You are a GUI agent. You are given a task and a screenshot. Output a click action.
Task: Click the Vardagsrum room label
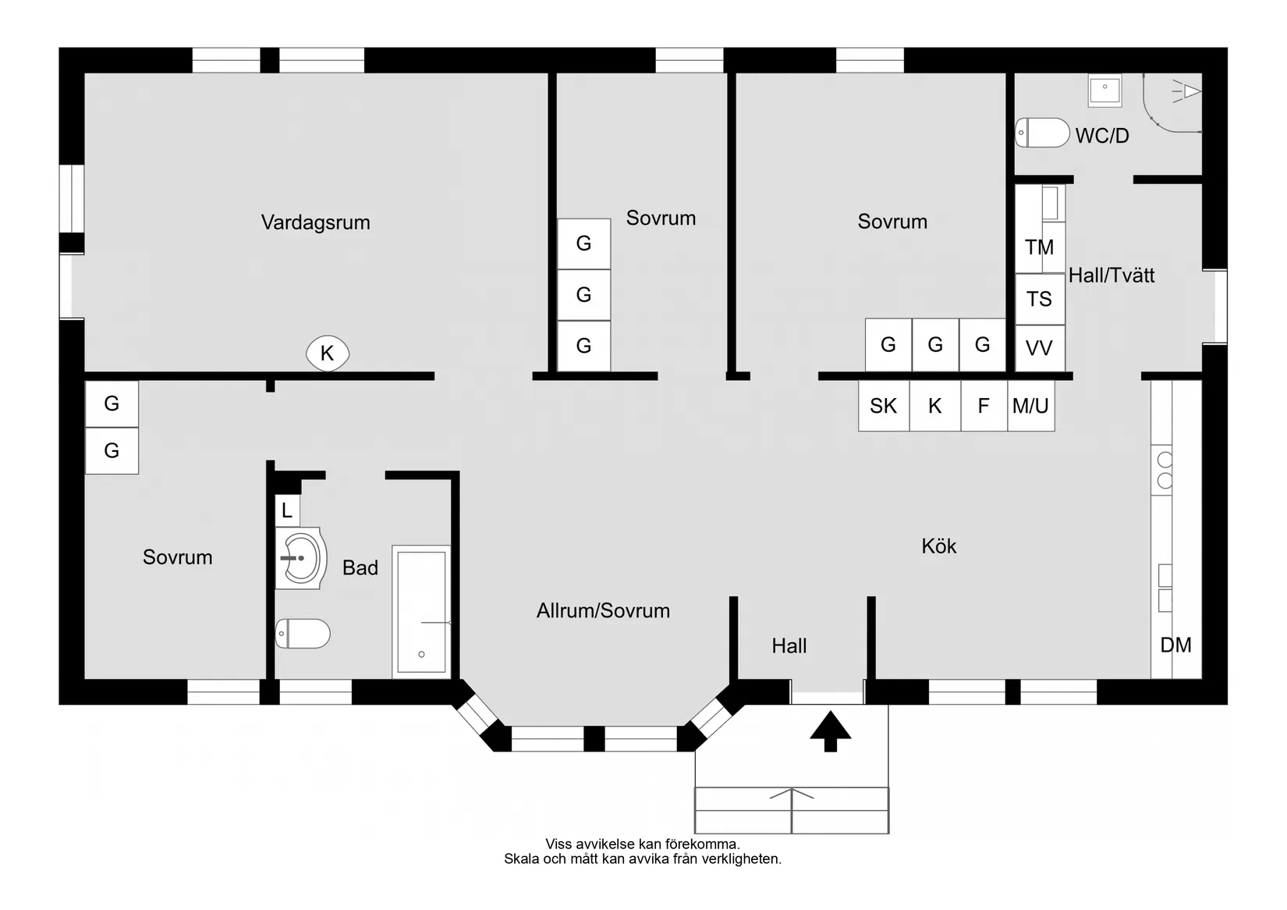pyautogui.click(x=315, y=222)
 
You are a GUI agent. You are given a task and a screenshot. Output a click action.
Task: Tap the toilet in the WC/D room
pyautogui.click(x=1042, y=133)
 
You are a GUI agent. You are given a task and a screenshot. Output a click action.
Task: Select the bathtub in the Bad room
pyautogui.click(x=421, y=611)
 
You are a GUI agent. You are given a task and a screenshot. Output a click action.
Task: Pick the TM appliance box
pyautogui.click(x=1039, y=247)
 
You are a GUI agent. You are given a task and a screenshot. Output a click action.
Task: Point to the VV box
pyautogui.click(x=1039, y=348)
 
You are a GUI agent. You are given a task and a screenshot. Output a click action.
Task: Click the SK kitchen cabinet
pyautogui.click(x=883, y=406)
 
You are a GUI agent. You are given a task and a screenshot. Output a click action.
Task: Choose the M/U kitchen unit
pyautogui.click(x=1030, y=406)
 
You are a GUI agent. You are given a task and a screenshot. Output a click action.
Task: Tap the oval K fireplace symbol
pyautogui.click(x=327, y=354)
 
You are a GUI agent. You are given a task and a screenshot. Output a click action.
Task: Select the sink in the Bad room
pyautogui.click(x=301, y=558)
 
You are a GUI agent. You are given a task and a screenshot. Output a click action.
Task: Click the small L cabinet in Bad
pyautogui.click(x=287, y=511)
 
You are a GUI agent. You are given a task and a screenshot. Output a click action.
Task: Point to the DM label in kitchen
pyautogui.click(x=1175, y=645)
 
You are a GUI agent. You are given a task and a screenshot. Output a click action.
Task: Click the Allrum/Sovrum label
pyautogui.click(x=603, y=611)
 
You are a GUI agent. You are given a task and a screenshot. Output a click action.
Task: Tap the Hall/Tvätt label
pyautogui.click(x=1111, y=275)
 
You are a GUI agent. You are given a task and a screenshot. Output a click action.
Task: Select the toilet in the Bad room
pyautogui.click(x=303, y=634)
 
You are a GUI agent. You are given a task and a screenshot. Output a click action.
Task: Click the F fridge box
pyautogui.click(x=983, y=406)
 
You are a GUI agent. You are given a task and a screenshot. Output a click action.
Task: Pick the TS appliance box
pyautogui.click(x=1039, y=299)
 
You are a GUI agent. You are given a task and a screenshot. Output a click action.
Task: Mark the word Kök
pyautogui.click(x=938, y=546)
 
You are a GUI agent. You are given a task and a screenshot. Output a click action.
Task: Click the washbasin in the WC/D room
pyautogui.click(x=1104, y=91)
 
